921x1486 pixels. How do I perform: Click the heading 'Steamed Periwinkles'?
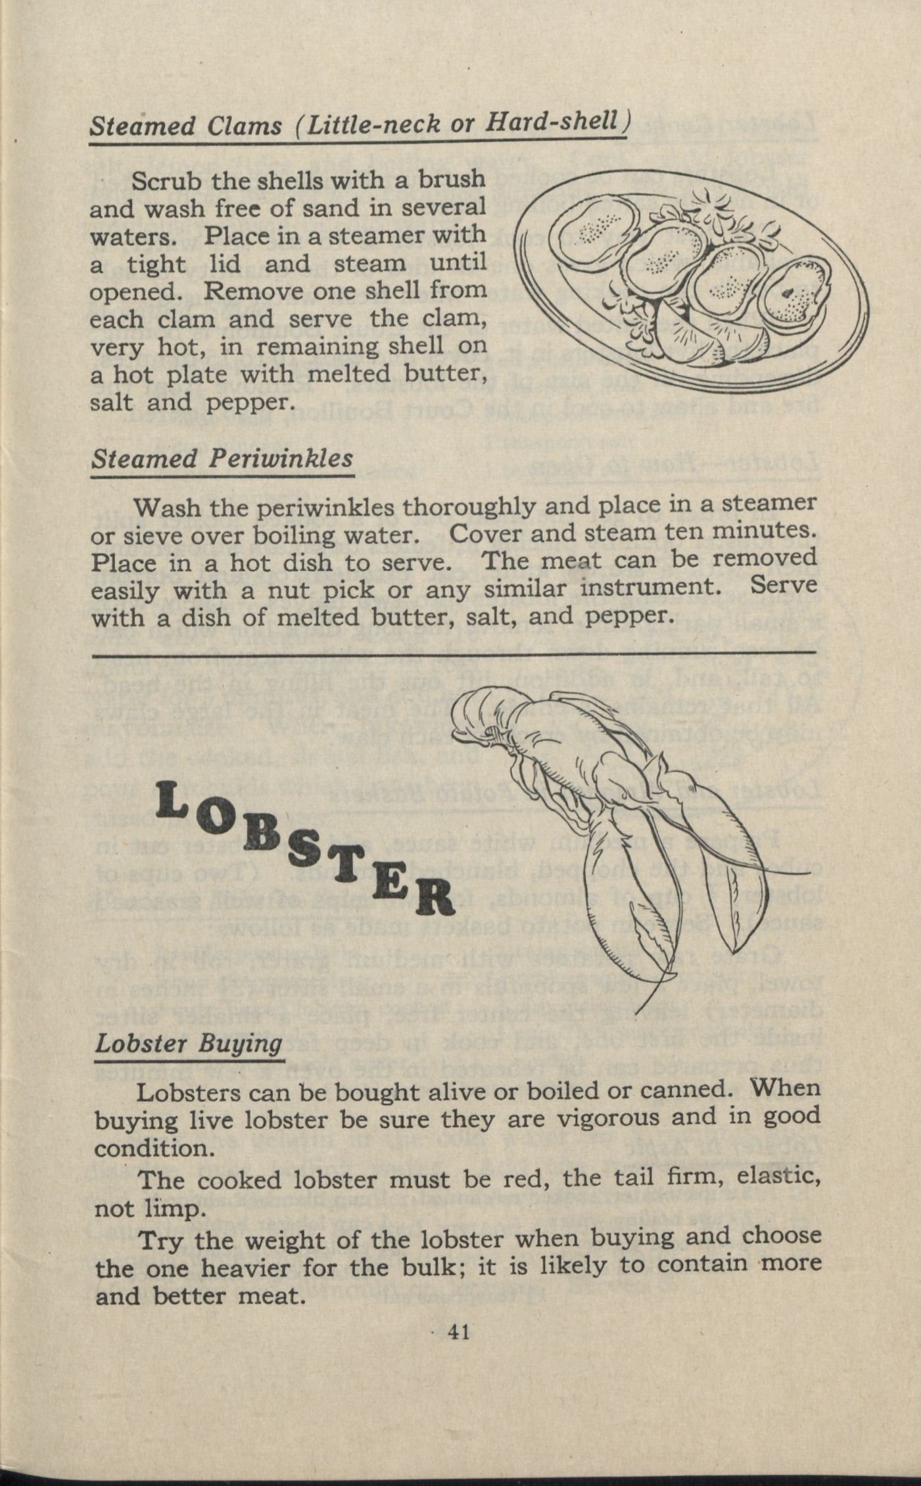click(x=222, y=458)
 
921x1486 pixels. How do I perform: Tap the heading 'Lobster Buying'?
click(x=189, y=1043)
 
